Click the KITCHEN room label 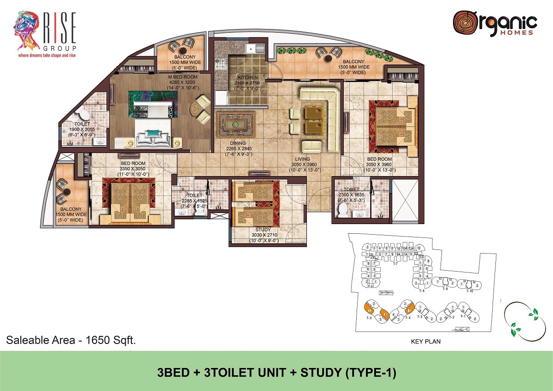tap(248, 77)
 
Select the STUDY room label tap(263, 229)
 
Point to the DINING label tap(238, 143)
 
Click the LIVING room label tap(303, 159)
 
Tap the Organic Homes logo tap(494, 24)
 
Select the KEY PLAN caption tap(426, 342)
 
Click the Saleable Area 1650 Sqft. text tap(71, 341)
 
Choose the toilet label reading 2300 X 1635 tap(351, 189)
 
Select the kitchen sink tap(255, 47)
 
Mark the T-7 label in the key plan tap(394, 263)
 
